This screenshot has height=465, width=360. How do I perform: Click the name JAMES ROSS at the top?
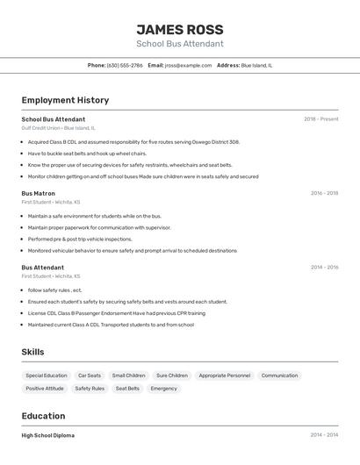pos(180,29)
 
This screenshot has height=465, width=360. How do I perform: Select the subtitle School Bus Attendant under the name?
pos(180,44)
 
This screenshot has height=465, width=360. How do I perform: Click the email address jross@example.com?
pos(188,65)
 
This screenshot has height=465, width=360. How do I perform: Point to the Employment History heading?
pos(65,100)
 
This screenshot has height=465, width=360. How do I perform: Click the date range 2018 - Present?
pos(320,119)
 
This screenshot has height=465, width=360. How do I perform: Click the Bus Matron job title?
pos(39,193)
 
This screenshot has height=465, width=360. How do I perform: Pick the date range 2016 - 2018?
pos(324,193)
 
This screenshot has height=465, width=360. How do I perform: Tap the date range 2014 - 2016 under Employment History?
pos(324,268)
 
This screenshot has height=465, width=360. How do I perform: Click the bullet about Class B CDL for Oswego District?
pos(133,141)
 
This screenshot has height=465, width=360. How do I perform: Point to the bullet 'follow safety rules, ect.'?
pos(54,290)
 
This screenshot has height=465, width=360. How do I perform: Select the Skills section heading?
pos(33,352)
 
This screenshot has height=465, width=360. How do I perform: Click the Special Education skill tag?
pos(47,376)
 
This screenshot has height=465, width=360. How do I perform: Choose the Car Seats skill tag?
pos(90,376)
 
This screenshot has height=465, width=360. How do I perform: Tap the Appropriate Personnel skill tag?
pos(225,376)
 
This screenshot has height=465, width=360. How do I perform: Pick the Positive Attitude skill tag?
pos(45,388)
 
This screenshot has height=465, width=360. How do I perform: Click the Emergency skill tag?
pos(164,388)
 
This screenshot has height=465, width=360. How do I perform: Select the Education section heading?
pos(43,416)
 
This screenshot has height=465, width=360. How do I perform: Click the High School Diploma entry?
pos(48,435)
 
